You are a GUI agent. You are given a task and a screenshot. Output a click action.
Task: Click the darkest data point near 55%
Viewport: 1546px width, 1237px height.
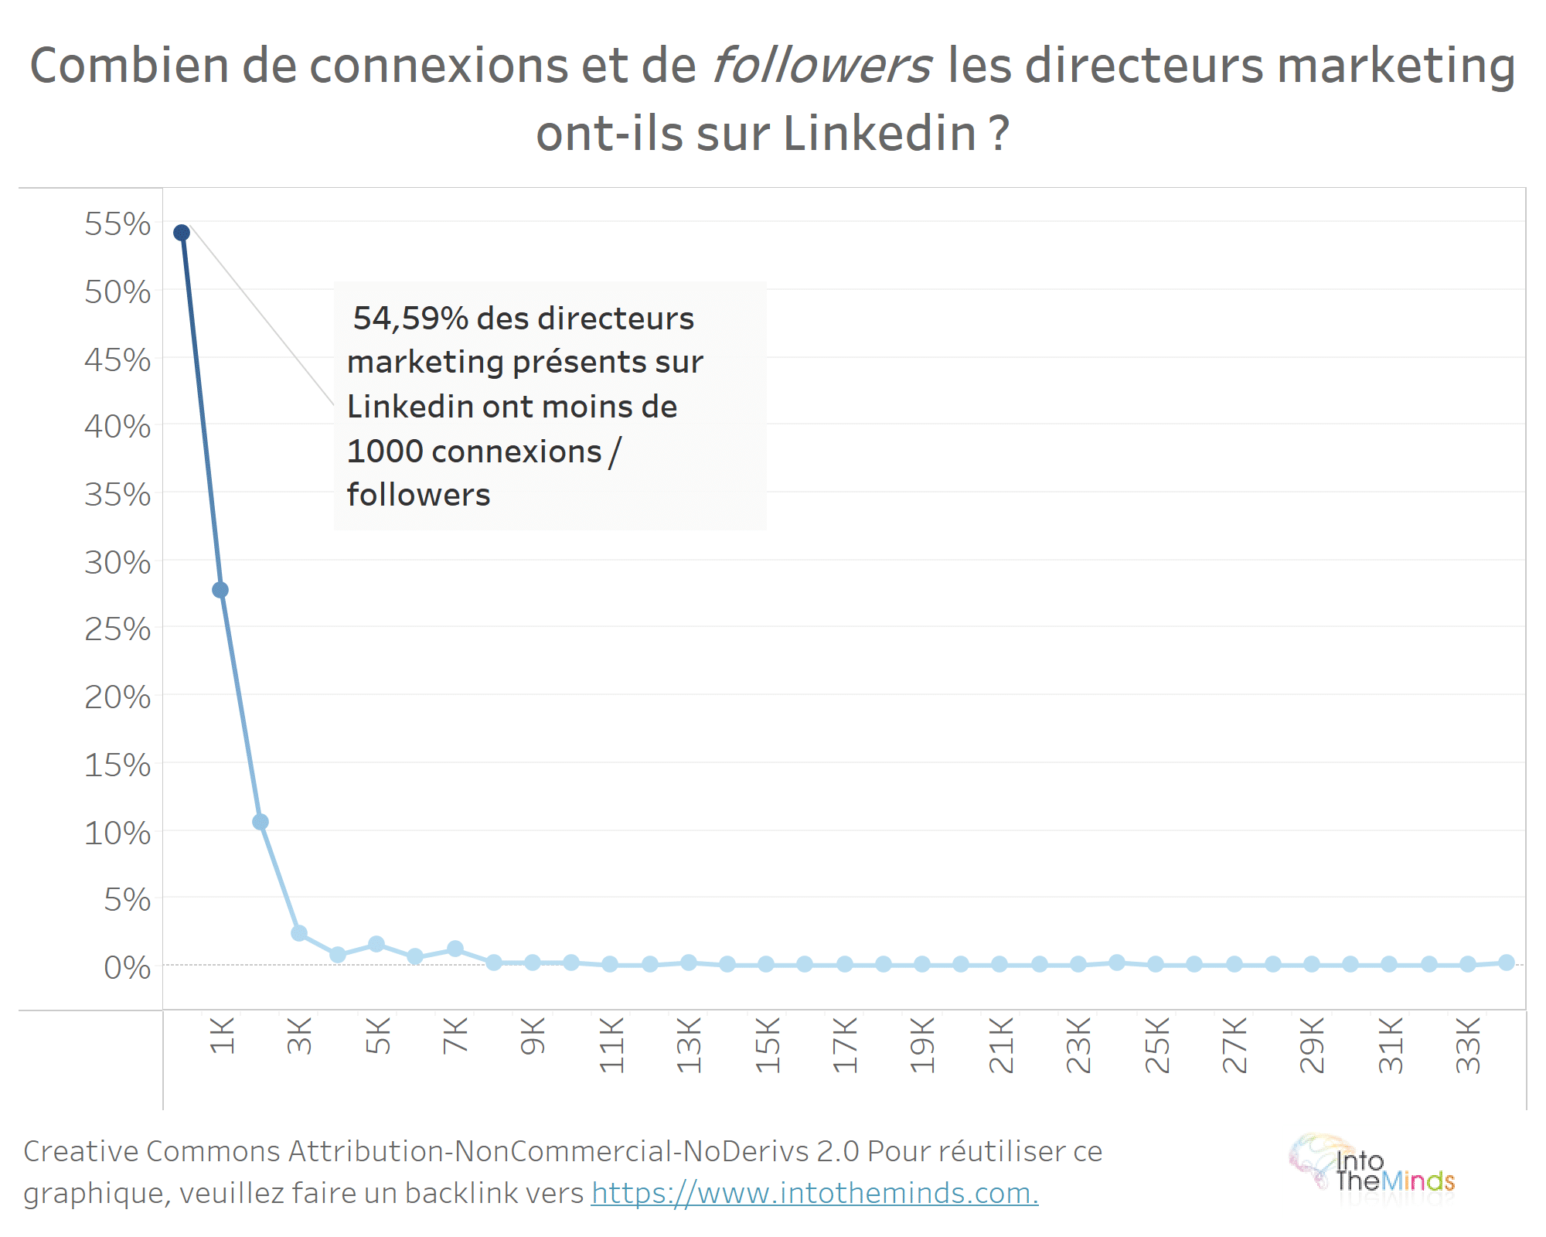point(182,233)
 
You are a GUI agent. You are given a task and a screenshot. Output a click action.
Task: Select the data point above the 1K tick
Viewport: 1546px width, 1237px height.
point(220,590)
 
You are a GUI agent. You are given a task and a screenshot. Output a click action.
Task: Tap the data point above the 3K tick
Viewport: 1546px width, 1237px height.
point(299,933)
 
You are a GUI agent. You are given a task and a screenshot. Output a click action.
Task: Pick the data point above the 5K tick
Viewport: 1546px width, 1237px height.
point(376,944)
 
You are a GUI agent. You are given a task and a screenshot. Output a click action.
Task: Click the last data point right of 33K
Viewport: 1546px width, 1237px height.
point(1506,963)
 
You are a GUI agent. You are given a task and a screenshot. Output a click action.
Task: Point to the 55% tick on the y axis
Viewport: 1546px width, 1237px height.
point(117,224)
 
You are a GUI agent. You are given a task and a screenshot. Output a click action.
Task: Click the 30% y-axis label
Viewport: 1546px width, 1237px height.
point(117,563)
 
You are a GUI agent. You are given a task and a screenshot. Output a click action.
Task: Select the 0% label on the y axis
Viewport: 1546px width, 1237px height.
point(128,967)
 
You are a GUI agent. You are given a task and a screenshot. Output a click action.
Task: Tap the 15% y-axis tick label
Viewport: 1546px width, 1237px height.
point(117,765)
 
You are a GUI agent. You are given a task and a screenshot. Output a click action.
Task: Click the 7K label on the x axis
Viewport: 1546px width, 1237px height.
point(455,1036)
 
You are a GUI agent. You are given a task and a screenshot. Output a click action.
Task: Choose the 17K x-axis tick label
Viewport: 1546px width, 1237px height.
point(845,1044)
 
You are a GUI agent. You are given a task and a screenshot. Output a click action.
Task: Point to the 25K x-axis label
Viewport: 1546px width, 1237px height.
point(1157,1044)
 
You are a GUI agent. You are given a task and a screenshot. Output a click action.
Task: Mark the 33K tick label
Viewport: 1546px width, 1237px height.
point(1468,1044)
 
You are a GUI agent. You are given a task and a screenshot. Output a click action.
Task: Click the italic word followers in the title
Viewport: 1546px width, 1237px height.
point(822,65)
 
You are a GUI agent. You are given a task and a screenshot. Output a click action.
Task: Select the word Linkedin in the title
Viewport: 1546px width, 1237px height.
point(880,133)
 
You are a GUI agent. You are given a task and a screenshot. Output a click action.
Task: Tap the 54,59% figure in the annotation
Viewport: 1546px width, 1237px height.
point(410,319)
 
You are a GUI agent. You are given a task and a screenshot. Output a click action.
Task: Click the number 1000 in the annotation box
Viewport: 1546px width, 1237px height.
point(384,452)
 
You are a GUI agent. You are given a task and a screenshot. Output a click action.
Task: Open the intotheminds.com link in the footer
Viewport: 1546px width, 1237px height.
point(815,1193)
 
